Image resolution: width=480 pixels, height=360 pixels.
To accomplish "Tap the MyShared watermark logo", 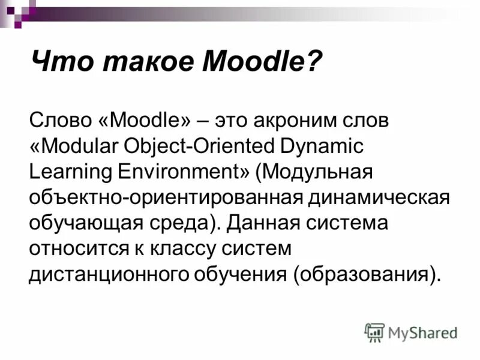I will (411, 332).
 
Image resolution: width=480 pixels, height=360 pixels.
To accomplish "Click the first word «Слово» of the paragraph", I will (59, 121).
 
